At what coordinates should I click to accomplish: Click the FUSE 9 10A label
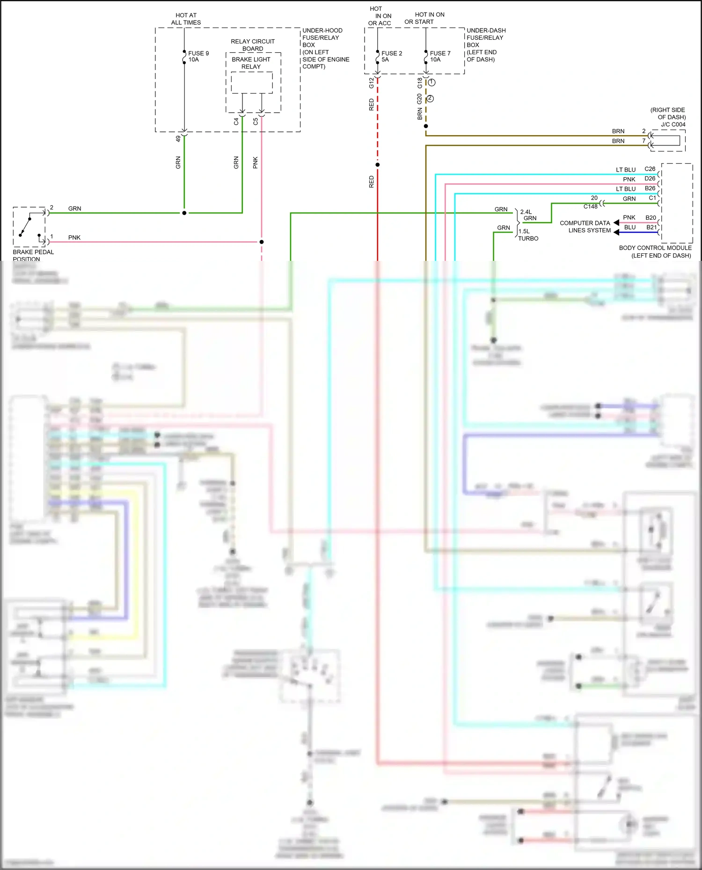(198, 57)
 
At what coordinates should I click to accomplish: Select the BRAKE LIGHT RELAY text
(251, 63)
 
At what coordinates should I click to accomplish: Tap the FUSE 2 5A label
(391, 57)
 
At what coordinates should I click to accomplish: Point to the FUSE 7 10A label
(440, 57)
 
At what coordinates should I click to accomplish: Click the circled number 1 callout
(432, 82)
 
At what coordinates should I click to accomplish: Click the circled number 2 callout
(430, 99)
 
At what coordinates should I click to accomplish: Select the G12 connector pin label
(372, 83)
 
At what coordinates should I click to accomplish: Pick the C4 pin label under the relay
(236, 122)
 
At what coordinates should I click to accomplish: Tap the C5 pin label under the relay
(256, 122)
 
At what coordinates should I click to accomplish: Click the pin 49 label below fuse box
(178, 139)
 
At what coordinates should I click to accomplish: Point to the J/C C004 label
(673, 124)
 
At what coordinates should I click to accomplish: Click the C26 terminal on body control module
(650, 169)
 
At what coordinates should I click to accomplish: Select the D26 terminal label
(650, 179)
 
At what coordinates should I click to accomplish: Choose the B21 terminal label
(651, 227)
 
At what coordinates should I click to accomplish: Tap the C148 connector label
(590, 206)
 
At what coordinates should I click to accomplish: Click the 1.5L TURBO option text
(528, 235)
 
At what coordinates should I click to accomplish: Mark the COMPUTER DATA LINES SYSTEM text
(585, 227)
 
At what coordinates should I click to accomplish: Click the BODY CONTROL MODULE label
(655, 248)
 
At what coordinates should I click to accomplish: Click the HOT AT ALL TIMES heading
(186, 19)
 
